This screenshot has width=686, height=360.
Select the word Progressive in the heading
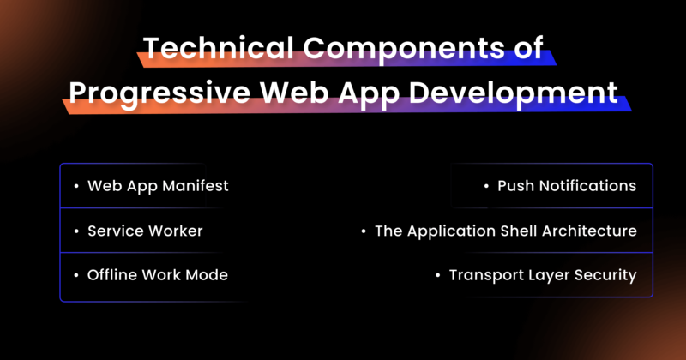point(150,92)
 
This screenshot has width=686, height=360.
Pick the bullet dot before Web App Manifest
point(76,186)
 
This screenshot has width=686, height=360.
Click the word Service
point(115,231)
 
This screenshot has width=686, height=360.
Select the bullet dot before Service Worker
point(76,231)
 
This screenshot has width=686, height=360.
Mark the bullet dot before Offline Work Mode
point(76,275)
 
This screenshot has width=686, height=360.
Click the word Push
point(514,186)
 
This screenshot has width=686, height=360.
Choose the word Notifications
point(587,186)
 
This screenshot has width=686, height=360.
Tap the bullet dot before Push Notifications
point(486,186)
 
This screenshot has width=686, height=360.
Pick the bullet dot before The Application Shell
point(364,231)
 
